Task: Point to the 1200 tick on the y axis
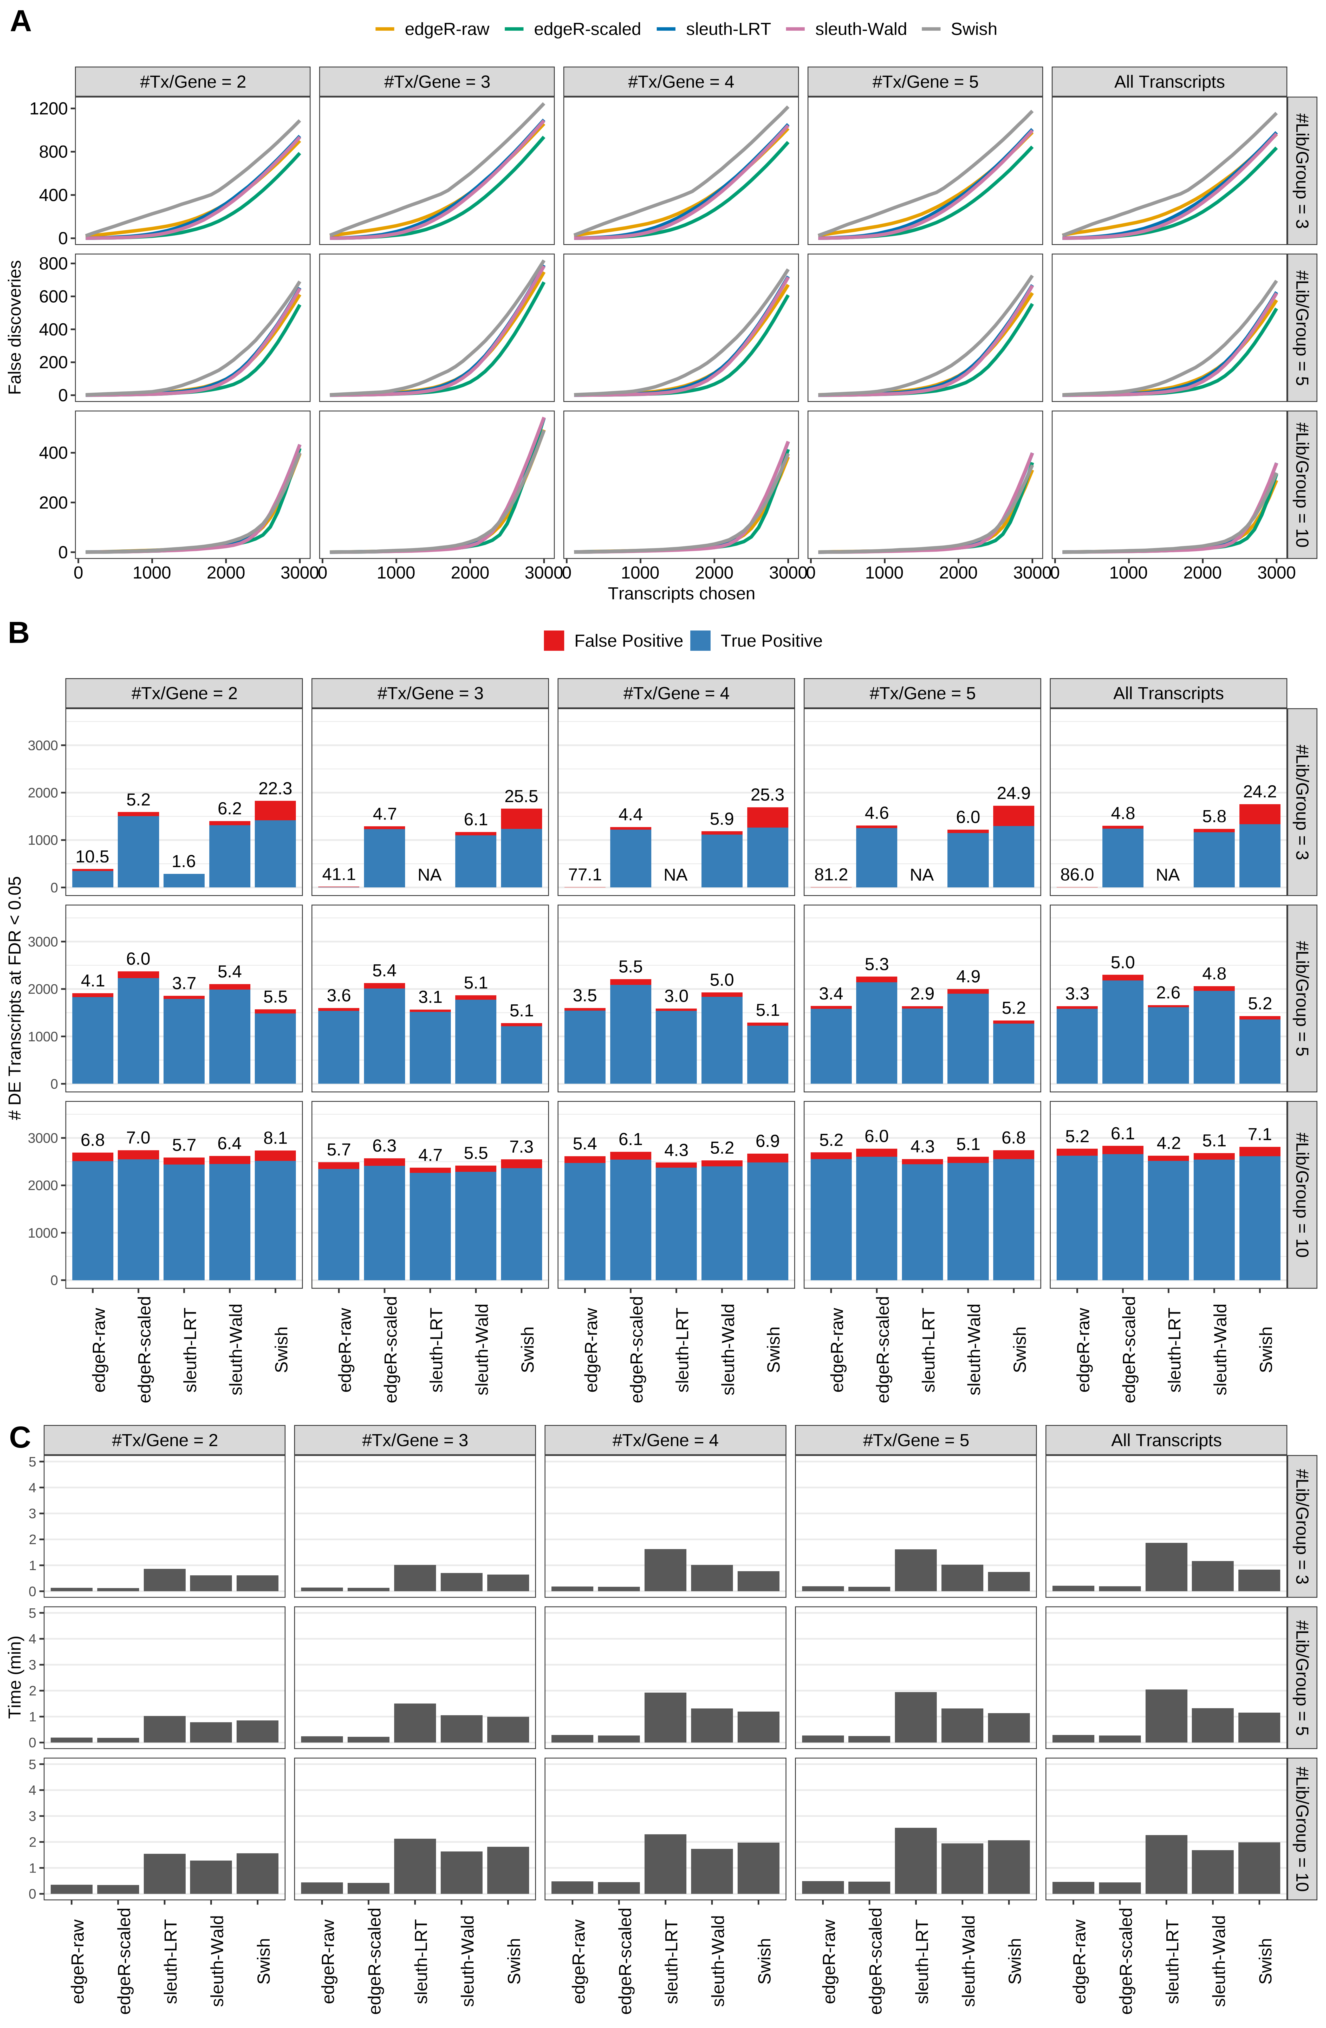point(48,108)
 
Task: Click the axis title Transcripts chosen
point(681,594)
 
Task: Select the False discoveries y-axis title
point(15,327)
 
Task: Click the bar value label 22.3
point(275,788)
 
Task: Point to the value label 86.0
point(1076,875)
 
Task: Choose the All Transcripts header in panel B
point(1167,694)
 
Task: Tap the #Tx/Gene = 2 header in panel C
point(165,1440)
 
